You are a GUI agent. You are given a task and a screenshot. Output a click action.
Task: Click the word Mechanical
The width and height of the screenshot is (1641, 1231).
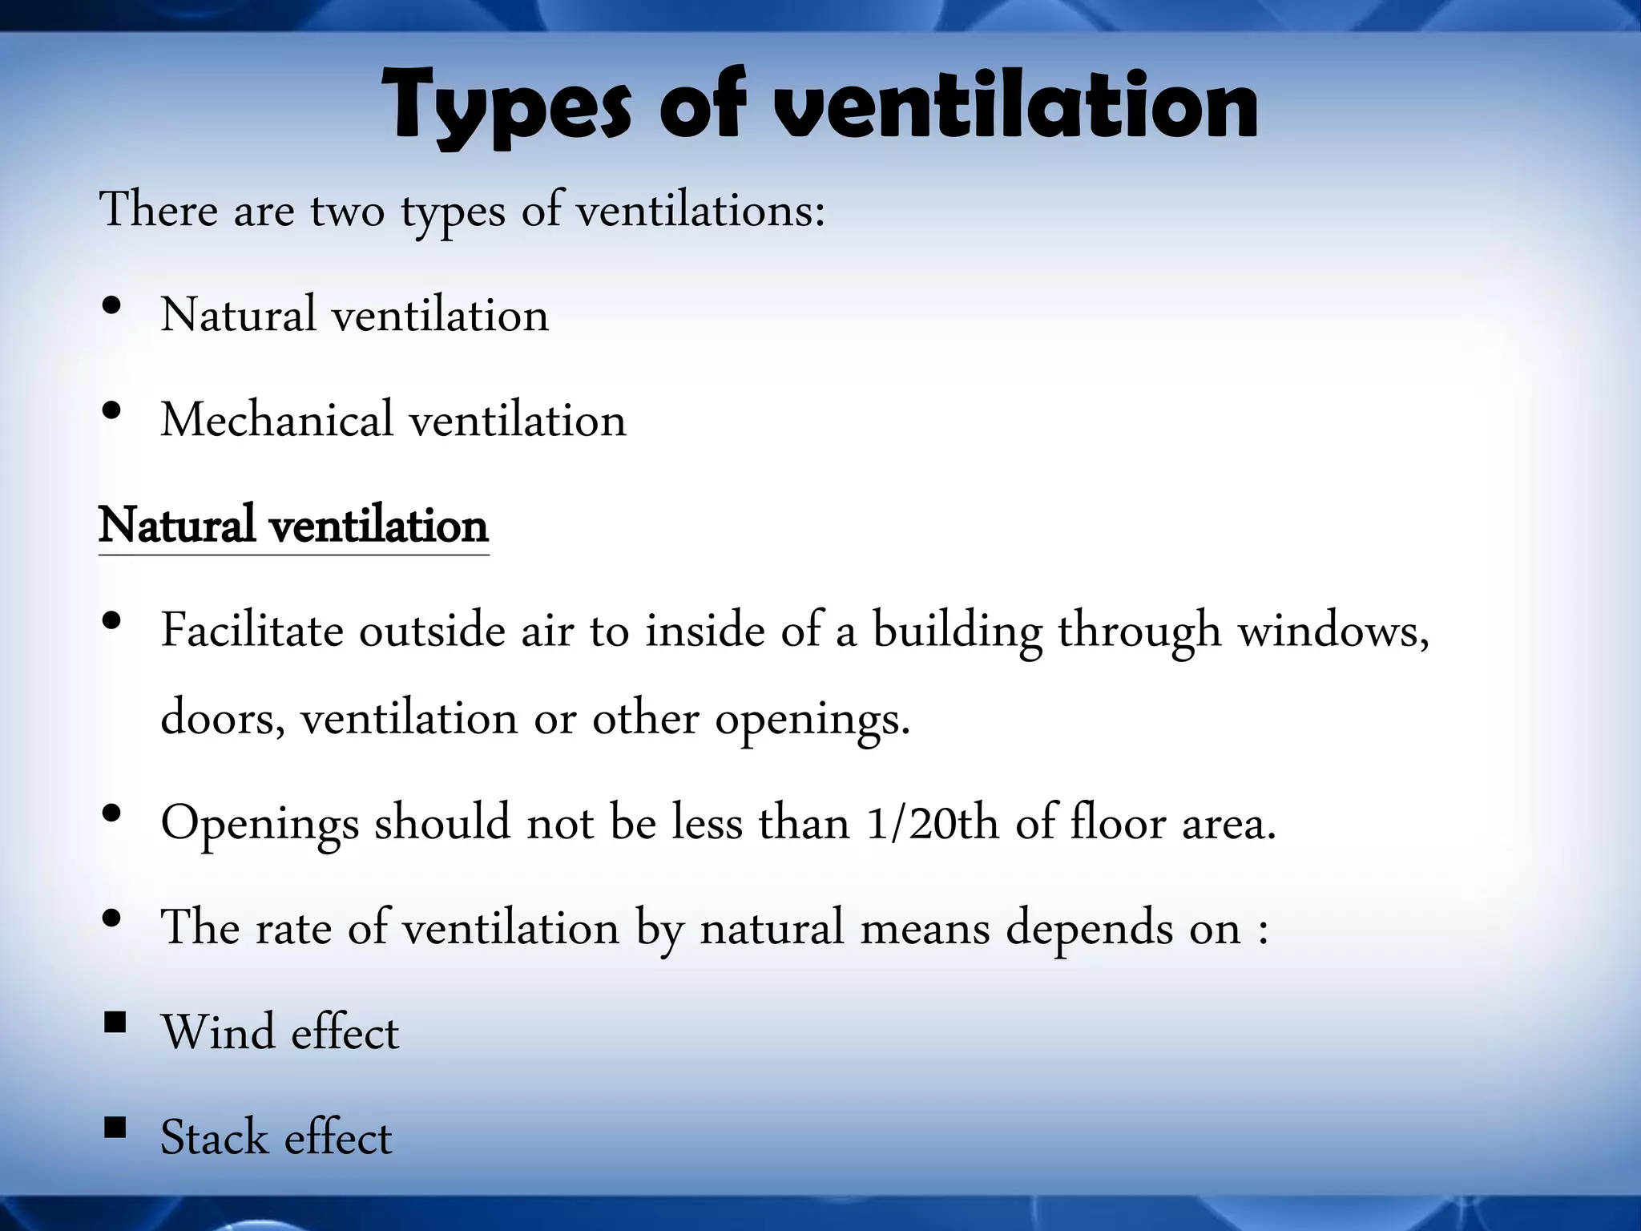(x=276, y=419)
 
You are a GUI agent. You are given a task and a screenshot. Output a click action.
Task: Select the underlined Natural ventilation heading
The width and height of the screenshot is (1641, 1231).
(x=293, y=526)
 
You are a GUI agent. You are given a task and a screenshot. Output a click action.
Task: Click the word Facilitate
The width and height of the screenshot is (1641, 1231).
(x=252, y=631)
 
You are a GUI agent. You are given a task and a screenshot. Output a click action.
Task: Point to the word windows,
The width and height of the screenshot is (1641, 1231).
(x=1333, y=631)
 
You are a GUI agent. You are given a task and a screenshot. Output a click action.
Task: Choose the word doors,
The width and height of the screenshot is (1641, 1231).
(x=223, y=716)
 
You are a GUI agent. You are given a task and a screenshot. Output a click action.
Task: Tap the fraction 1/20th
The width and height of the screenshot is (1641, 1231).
(x=933, y=823)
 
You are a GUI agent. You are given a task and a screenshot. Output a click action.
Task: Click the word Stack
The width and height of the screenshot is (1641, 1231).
(x=214, y=1137)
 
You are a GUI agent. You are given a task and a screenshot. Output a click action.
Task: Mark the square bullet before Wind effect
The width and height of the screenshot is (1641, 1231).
(x=115, y=1023)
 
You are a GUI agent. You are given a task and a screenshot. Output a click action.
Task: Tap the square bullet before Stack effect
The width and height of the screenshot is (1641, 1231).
(x=115, y=1128)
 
